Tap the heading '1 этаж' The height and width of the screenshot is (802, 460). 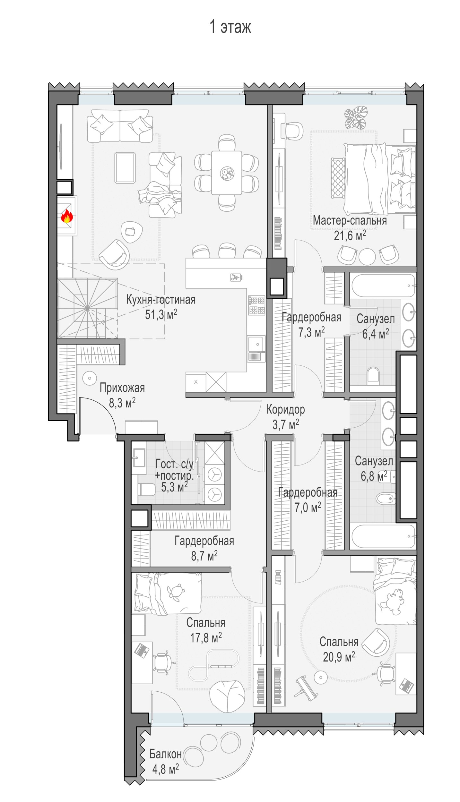coord(230,27)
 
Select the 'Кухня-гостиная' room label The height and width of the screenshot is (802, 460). coord(161,300)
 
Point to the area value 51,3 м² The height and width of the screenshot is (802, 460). coord(161,315)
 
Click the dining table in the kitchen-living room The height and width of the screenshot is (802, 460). coord(226,173)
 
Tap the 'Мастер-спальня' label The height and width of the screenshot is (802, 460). coord(350,220)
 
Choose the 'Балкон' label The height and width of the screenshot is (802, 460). coord(166,754)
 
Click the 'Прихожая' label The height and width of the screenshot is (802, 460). coord(122,388)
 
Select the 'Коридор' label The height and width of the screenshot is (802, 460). coord(286,410)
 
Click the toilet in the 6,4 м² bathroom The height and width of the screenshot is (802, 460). coord(373,376)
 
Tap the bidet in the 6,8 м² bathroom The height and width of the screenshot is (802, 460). coord(386,498)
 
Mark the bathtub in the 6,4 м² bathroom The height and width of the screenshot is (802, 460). coord(383,286)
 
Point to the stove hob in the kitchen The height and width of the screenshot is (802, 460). coord(256,305)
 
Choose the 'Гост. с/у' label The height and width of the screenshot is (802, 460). coord(174,464)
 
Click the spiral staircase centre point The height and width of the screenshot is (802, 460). coord(87,308)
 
